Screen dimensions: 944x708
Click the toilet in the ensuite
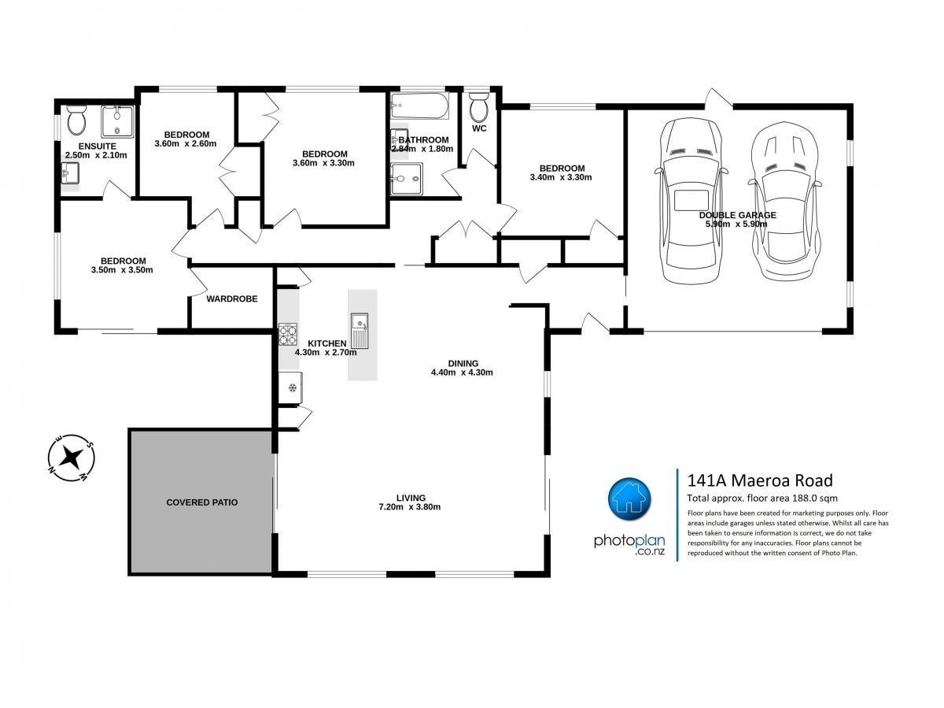point(76,120)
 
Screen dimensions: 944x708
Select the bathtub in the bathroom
point(419,106)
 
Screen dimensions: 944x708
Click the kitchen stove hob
point(288,334)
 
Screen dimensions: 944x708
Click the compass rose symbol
point(71,458)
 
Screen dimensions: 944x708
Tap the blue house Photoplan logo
point(629,499)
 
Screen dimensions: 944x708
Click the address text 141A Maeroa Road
point(760,480)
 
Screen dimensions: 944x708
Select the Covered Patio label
point(201,502)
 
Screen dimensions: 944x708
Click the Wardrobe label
point(232,298)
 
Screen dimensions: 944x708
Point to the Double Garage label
point(737,215)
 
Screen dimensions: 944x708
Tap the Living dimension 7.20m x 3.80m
point(409,507)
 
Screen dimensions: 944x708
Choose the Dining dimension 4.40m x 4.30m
point(462,373)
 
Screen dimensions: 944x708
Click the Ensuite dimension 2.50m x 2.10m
point(96,155)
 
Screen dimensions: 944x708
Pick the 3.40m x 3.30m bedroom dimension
point(561,177)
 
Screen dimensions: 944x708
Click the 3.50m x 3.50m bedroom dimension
point(122,270)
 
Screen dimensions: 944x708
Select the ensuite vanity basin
point(70,173)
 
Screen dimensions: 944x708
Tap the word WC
point(479,128)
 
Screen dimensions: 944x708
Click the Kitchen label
point(326,343)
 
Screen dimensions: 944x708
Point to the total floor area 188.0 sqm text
point(762,499)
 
